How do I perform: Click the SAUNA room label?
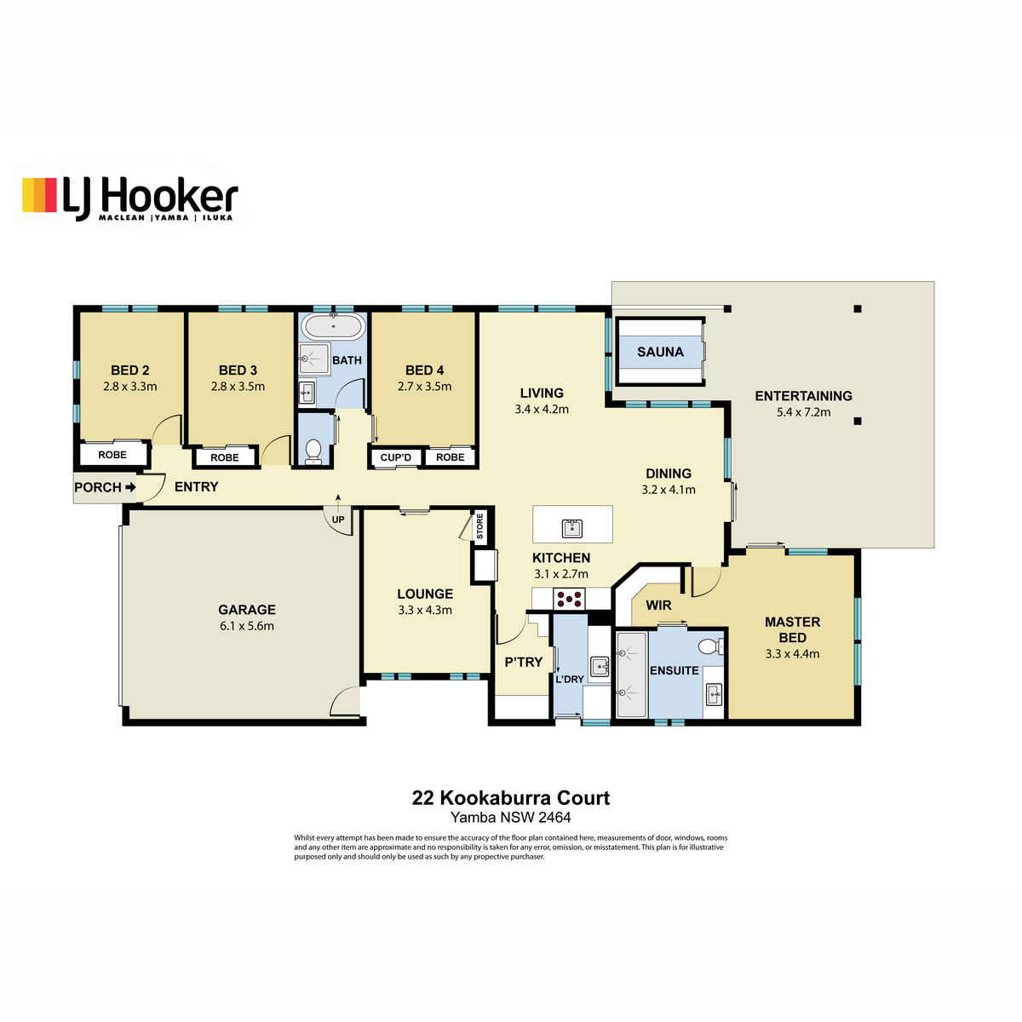point(660,352)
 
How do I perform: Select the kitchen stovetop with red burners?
point(569,599)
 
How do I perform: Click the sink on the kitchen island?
point(572,528)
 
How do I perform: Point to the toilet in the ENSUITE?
point(710,646)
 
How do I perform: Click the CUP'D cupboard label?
point(396,457)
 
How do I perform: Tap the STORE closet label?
point(479,526)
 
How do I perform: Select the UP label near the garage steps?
point(338,520)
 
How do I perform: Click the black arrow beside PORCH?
point(130,486)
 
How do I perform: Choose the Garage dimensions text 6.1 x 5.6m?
point(247,626)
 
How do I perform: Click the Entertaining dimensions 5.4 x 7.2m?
point(803,411)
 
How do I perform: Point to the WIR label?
point(658,606)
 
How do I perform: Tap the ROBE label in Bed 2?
point(112,455)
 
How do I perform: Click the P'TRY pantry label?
point(524,662)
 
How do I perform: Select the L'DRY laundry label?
point(570,679)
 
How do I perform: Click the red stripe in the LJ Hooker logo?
point(50,195)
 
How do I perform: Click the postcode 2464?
point(554,818)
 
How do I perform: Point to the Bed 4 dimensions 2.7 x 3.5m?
point(424,386)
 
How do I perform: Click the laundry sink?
point(600,667)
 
